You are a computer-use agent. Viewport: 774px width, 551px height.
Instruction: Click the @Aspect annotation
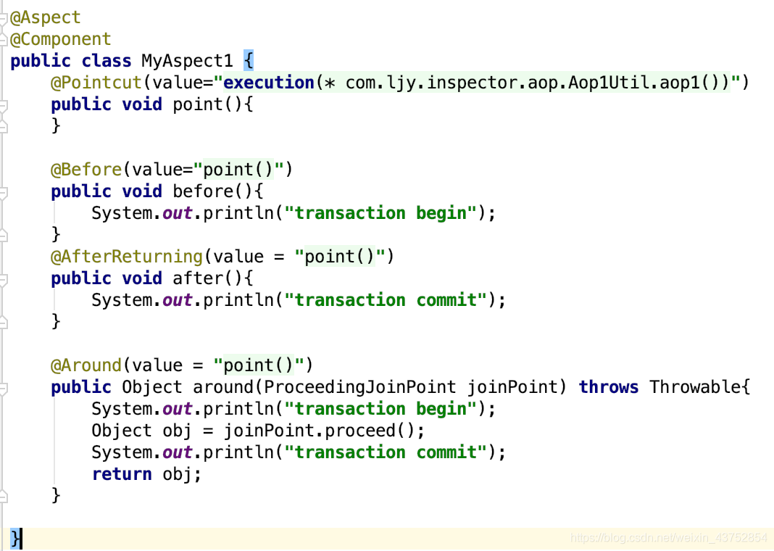[x=46, y=17]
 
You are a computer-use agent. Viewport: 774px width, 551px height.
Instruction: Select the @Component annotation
[x=61, y=39]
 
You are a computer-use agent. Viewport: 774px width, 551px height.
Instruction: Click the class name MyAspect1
[x=187, y=61]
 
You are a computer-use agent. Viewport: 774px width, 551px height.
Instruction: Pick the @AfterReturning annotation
[x=127, y=257]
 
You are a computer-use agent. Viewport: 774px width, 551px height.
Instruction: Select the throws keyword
[x=609, y=387]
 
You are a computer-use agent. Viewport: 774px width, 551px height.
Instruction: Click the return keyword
[x=122, y=474]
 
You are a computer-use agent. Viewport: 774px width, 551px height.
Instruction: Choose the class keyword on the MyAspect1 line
[x=107, y=61]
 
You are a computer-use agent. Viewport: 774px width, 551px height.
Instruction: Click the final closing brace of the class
[x=16, y=538]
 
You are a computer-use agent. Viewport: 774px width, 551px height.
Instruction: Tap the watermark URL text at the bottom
[x=668, y=538]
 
